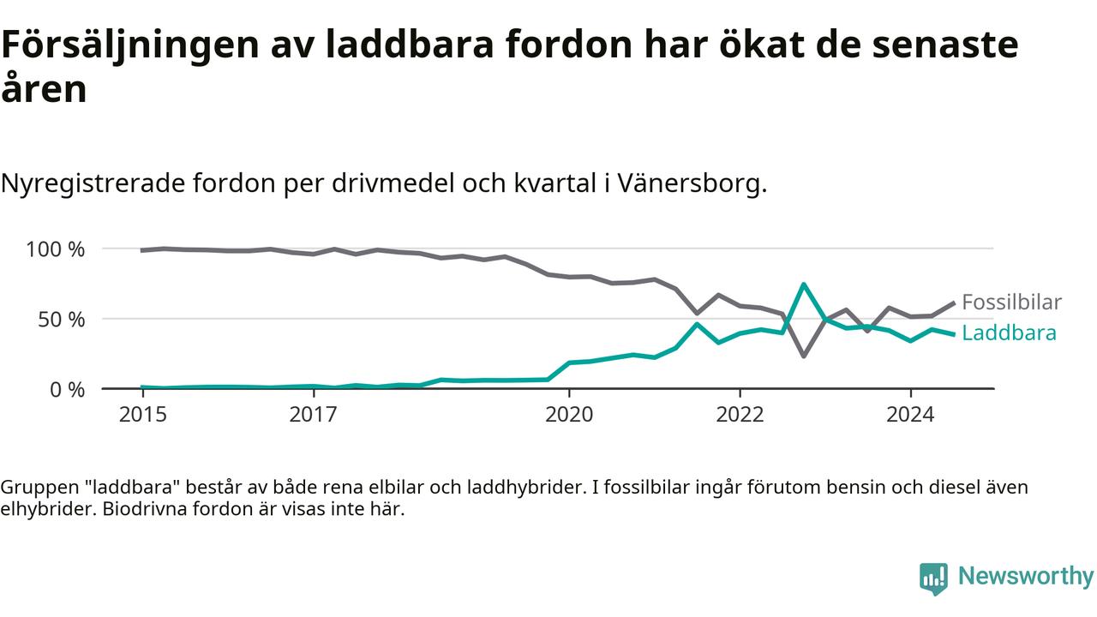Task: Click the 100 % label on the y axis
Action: pos(55,249)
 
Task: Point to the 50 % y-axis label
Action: pos(61,320)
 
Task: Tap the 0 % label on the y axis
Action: pos(67,390)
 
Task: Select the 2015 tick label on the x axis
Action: pos(143,415)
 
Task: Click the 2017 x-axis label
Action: pos(314,415)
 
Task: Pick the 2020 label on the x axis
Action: pos(569,415)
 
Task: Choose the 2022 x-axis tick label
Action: pos(740,415)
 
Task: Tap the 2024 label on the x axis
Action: pos(910,415)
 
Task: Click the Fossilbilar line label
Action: pos(1012,303)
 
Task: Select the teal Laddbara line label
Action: pos(1010,333)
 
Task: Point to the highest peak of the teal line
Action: pos(804,284)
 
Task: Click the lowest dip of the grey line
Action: pos(804,356)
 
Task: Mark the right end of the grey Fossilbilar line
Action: pos(954,303)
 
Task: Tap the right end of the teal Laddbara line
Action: pos(954,335)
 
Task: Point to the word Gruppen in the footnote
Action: pos(39,488)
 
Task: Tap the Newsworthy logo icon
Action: pos(933,578)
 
